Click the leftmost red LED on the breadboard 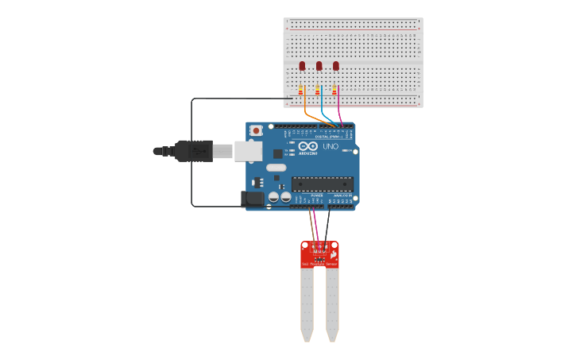point(302,67)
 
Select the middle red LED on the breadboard point(319,67)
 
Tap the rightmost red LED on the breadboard point(336,67)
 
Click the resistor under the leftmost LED point(301,91)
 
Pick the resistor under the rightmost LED point(335,91)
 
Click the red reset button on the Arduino point(256,131)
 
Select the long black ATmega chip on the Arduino point(322,184)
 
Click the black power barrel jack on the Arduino point(253,199)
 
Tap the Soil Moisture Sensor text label point(319,264)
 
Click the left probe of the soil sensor point(307,306)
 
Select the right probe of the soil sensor point(332,306)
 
